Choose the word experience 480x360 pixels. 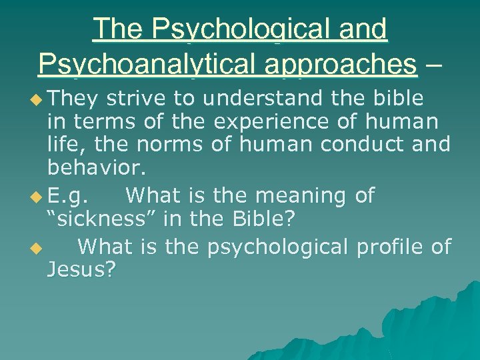[285, 122]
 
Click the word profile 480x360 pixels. [390, 247]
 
